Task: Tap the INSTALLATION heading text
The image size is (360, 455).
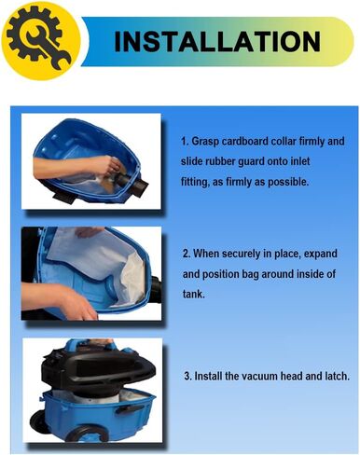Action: (217, 42)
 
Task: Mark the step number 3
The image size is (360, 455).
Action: (186, 377)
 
